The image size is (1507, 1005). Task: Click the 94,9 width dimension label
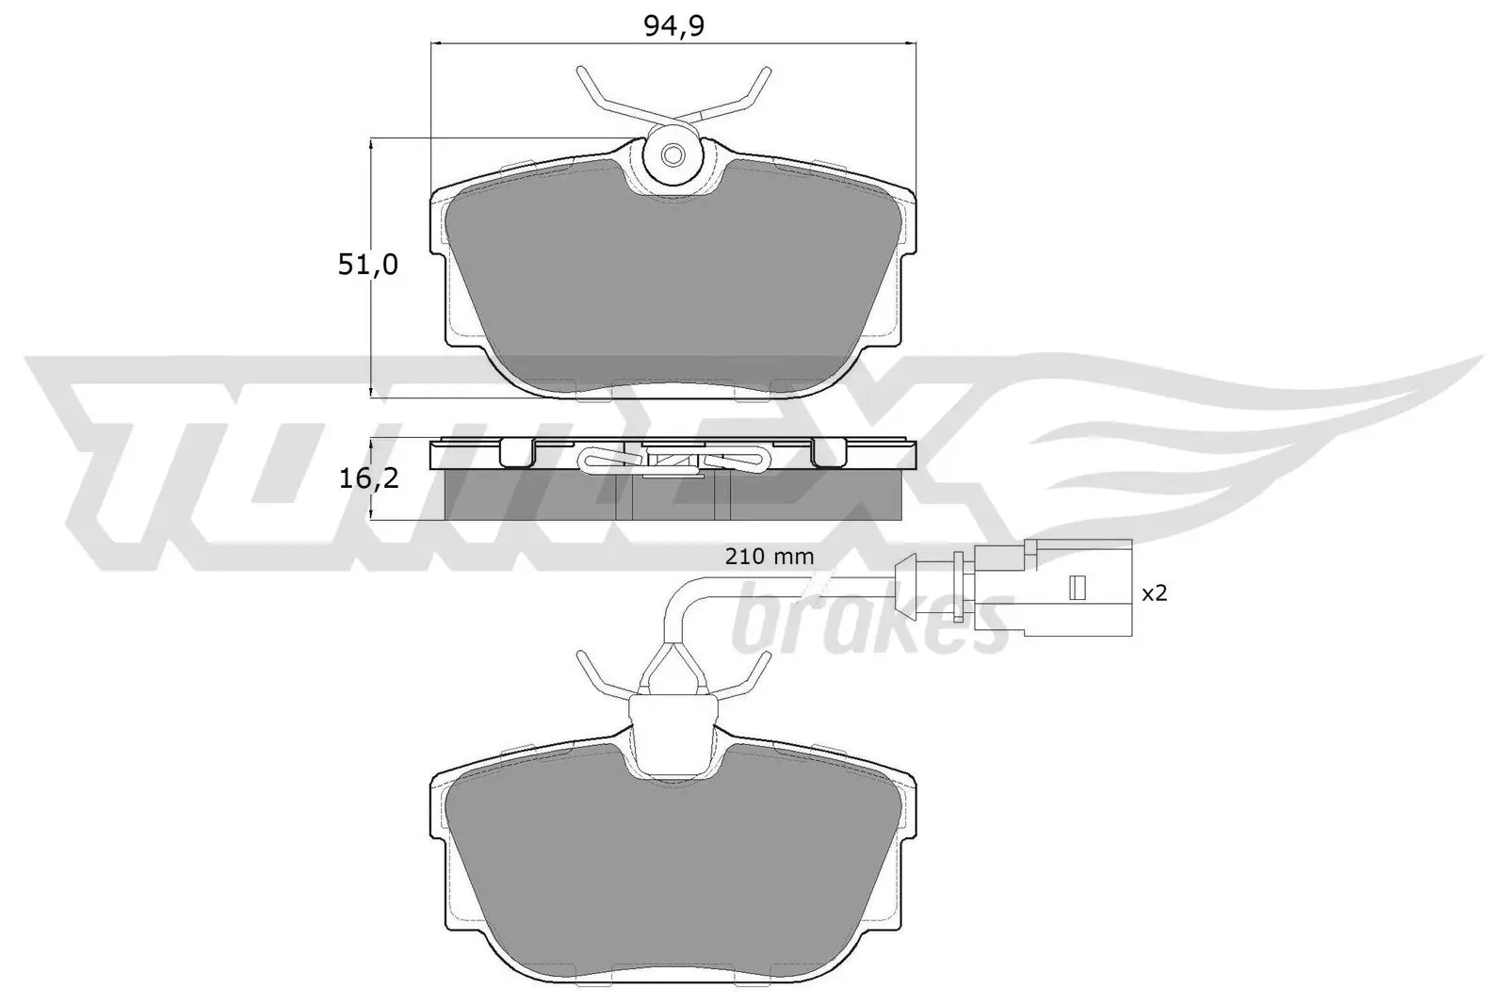point(673,25)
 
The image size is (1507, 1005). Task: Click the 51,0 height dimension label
point(368,266)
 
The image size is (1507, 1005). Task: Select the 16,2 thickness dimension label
point(368,478)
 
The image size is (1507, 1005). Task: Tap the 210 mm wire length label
point(769,557)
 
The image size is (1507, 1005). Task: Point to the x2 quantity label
point(1154,593)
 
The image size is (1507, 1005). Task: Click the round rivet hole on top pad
point(672,155)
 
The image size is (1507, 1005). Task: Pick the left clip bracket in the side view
point(516,453)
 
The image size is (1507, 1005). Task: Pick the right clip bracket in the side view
point(829,453)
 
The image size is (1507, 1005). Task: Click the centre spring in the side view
point(672,460)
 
